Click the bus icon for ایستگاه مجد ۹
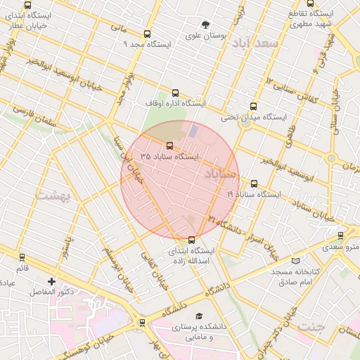[x=147, y=34]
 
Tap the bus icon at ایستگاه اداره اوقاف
[x=175, y=92]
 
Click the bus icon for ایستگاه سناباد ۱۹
[x=254, y=184]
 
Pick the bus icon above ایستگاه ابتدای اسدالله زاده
[x=192, y=240]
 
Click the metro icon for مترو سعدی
[x=341, y=236]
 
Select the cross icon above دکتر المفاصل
[x=51, y=281]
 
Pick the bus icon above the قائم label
[x=22, y=258]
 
